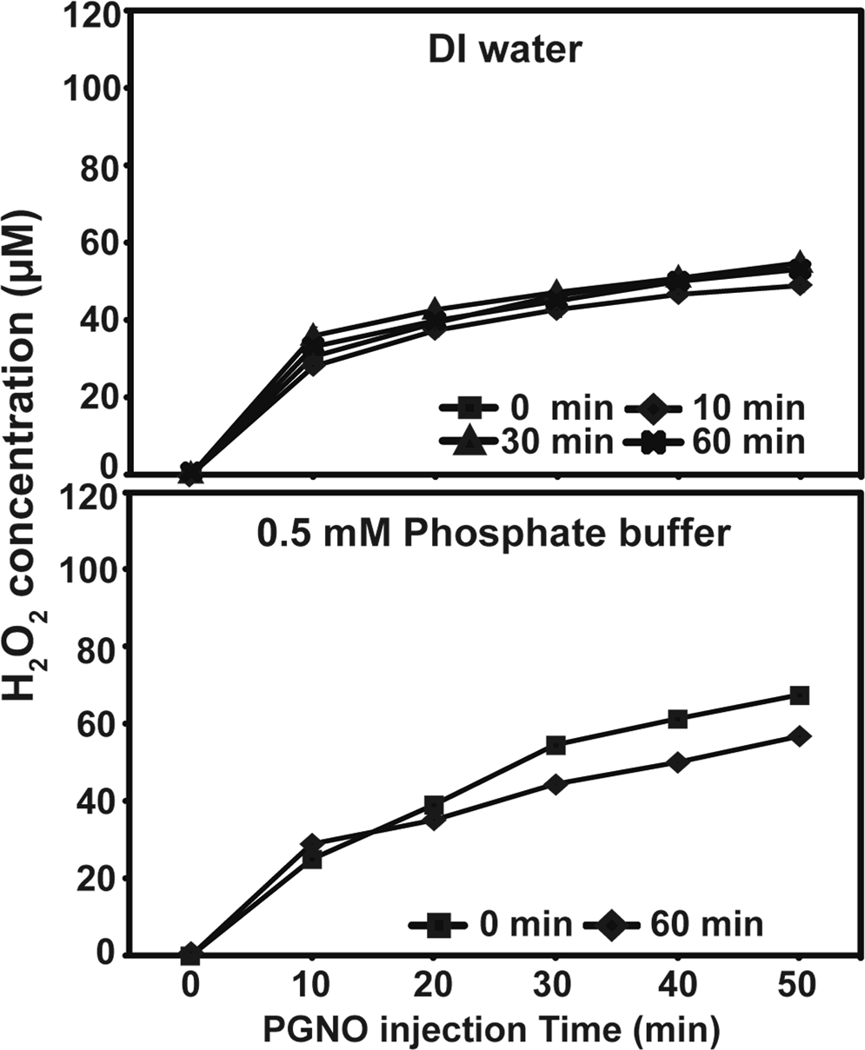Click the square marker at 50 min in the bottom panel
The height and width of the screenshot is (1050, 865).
[x=799, y=695]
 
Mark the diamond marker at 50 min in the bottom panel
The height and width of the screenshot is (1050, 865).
[x=799, y=736]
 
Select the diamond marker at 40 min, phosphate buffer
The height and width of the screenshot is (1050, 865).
[x=677, y=762]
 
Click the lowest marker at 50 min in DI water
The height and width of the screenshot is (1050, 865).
[x=799, y=284]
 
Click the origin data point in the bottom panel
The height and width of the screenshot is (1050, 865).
[x=191, y=954]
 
